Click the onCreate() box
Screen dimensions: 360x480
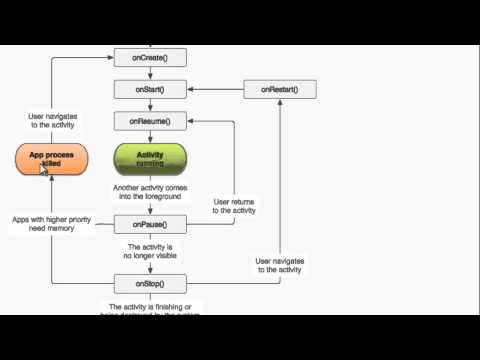point(150,59)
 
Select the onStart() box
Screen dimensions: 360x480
point(150,90)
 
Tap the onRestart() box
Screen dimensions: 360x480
point(279,90)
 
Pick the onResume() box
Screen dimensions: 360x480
point(150,121)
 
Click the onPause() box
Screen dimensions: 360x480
point(150,224)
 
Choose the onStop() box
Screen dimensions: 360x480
point(150,283)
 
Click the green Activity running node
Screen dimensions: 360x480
point(150,159)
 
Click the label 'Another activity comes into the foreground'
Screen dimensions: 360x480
point(150,192)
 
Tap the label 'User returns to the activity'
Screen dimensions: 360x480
point(235,206)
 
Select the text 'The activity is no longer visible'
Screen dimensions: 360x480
point(150,252)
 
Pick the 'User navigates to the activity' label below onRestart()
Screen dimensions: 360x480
point(280,264)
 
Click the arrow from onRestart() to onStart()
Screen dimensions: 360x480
point(214,90)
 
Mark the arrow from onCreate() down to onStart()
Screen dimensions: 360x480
point(150,75)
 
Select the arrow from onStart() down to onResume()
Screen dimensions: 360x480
point(150,106)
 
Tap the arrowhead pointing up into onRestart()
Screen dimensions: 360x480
point(280,103)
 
